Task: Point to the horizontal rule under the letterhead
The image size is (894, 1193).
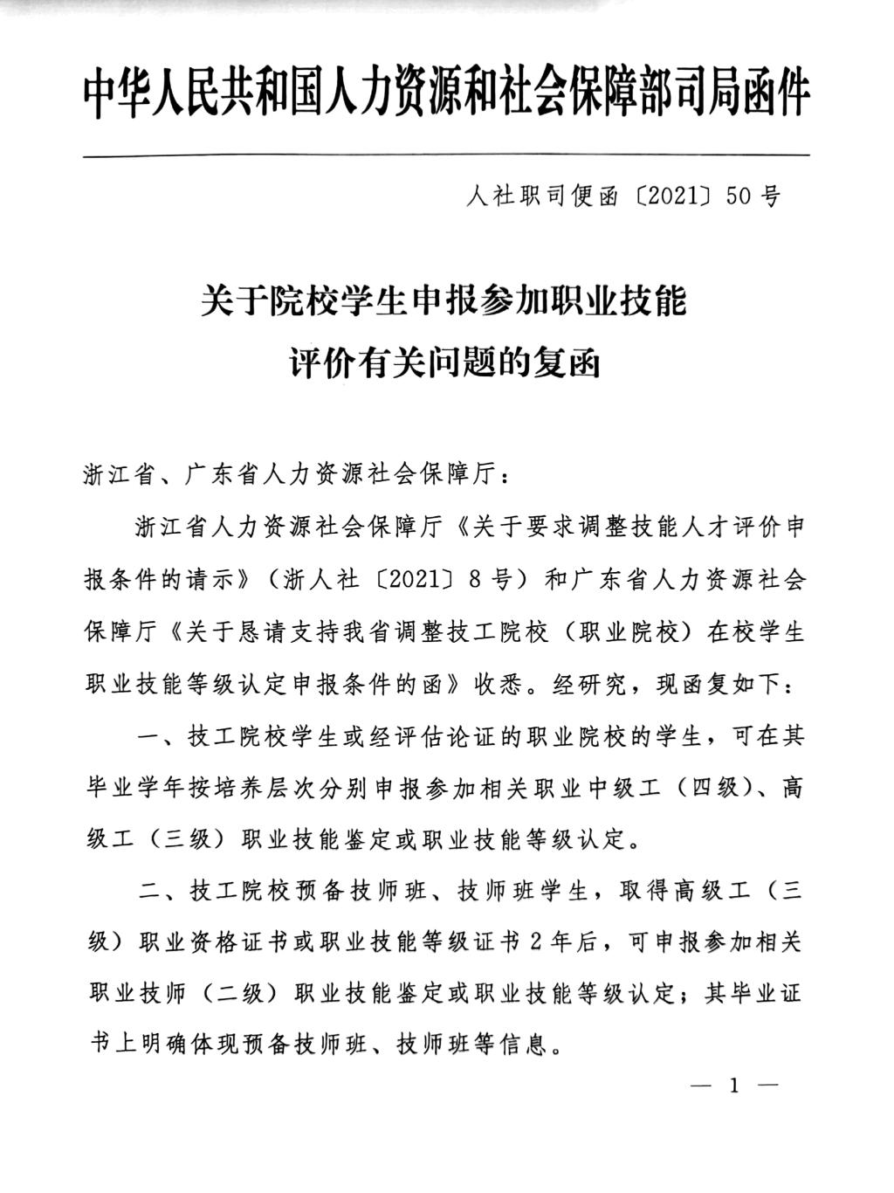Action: [446, 156]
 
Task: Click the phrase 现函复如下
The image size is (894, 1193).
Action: [719, 686]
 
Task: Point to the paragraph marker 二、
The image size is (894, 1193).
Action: [158, 892]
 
